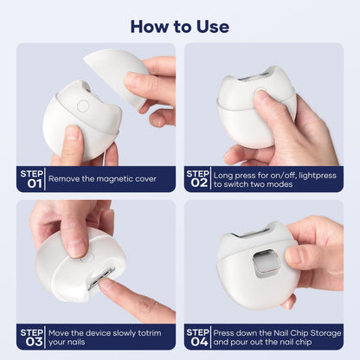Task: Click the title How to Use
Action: click(x=180, y=27)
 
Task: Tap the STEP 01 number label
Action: click(x=32, y=179)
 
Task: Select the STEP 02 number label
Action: click(x=197, y=179)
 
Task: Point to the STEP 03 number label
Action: click(x=32, y=337)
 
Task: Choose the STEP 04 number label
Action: click(x=197, y=337)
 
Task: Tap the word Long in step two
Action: click(x=223, y=176)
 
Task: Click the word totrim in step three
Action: click(x=150, y=333)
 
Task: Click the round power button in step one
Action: click(x=83, y=106)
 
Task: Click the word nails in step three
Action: click(x=76, y=342)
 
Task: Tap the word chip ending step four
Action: click(x=303, y=343)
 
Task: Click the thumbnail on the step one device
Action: click(x=72, y=132)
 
